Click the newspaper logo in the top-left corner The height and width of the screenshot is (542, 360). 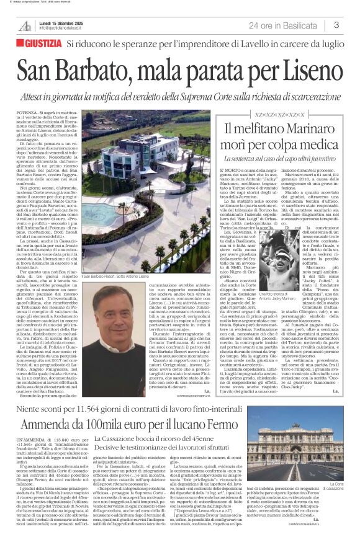pos(25,25)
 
